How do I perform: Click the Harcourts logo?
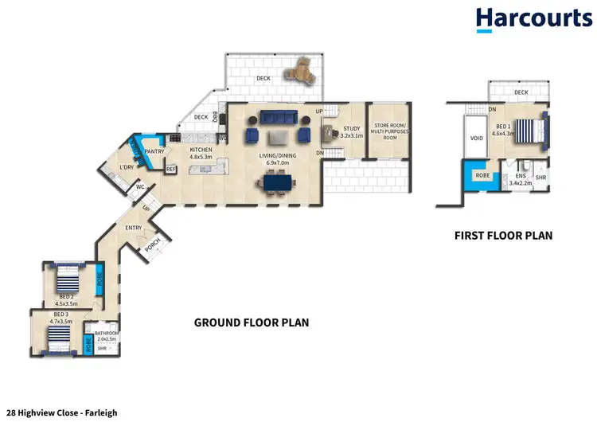tap(533, 20)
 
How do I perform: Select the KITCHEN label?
tap(201, 150)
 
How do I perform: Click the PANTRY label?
tap(154, 150)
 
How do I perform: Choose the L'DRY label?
tap(126, 166)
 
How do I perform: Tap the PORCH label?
tap(152, 243)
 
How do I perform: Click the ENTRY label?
tap(133, 229)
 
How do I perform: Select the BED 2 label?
tap(66, 297)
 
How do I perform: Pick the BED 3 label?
tap(60, 315)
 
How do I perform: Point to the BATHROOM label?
tap(106, 333)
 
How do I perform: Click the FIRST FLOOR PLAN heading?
tap(503, 236)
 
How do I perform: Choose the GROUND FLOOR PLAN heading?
tap(252, 322)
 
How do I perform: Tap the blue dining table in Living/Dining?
tap(276, 183)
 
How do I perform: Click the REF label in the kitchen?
tap(170, 169)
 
